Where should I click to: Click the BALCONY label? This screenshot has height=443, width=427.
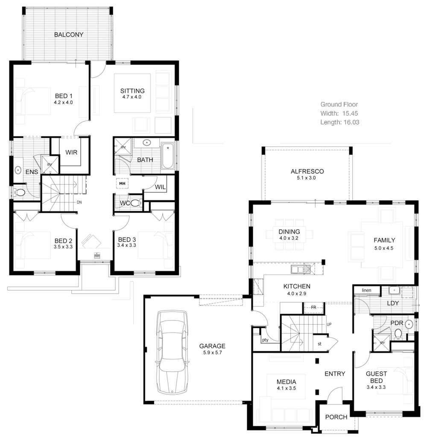(68, 35)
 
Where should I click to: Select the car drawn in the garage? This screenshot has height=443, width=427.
(172, 352)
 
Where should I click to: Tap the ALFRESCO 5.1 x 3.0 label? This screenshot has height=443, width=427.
(307, 175)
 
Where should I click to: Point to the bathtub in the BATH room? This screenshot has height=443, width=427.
(167, 156)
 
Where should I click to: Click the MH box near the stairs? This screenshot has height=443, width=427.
(122, 183)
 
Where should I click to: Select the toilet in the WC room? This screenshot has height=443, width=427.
(136, 203)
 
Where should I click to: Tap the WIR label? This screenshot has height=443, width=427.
(71, 152)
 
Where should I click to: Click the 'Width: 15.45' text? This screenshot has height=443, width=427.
(339, 113)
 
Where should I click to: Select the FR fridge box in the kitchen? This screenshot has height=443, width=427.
(313, 307)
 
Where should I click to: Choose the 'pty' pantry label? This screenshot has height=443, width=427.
(265, 340)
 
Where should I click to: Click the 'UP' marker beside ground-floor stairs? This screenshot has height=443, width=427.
(329, 325)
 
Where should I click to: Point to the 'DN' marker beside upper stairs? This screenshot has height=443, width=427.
(79, 202)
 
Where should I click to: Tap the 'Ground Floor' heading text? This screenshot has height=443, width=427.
(339, 104)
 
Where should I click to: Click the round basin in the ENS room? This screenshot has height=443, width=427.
(18, 170)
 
